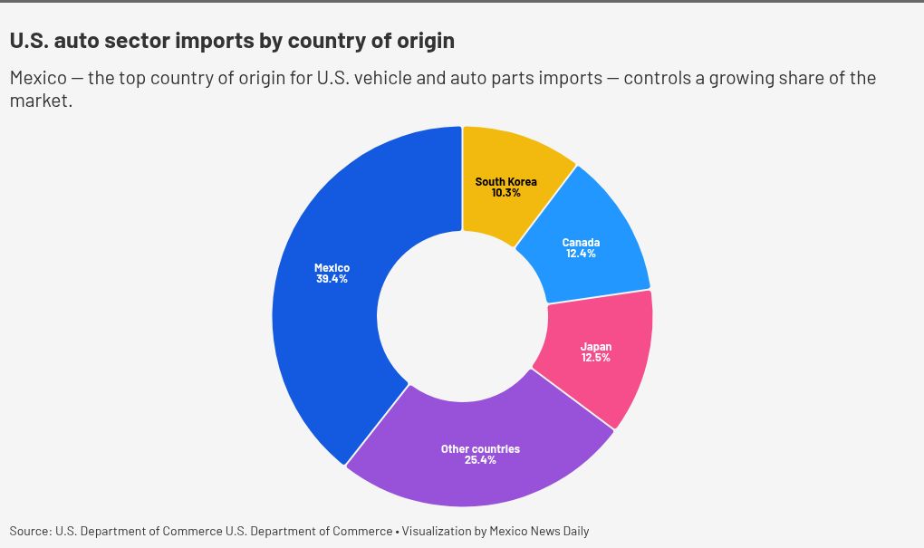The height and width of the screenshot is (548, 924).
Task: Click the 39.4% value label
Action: coord(332,279)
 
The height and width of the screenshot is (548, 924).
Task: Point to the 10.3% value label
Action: coord(505,193)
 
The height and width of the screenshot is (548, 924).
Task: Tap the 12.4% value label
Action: coord(581,254)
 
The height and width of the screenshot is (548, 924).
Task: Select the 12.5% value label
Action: coord(595,358)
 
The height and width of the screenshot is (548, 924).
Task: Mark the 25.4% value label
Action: coord(480,460)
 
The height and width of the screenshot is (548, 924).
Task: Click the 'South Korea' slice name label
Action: coord(505,182)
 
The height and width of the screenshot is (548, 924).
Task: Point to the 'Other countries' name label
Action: coord(480,449)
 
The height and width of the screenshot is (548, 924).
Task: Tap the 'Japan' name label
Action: coord(595,347)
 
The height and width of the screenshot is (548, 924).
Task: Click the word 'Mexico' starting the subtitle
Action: coord(37,78)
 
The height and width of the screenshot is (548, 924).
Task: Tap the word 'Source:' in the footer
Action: coord(30,531)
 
